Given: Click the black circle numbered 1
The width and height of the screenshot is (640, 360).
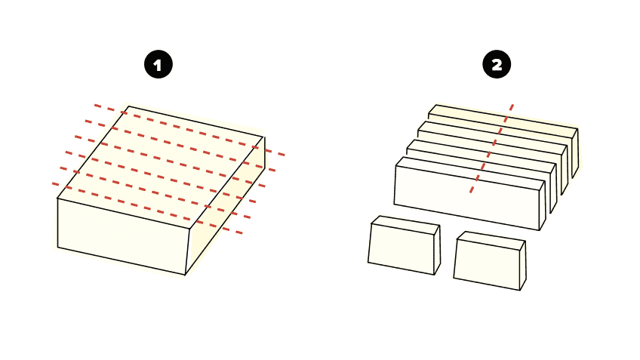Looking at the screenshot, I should pyautogui.click(x=158, y=66).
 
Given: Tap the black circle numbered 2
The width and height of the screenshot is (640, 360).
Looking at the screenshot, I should pyautogui.click(x=497, y=66).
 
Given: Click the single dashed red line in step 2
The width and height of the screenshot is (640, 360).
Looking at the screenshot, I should pyautogui.click(x=492, y=148).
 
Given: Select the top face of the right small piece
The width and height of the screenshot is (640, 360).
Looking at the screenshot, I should pyautogui.click(x=491, y=239).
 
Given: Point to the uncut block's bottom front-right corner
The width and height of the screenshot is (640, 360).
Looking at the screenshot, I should pyautogui.click(x=186, y=275).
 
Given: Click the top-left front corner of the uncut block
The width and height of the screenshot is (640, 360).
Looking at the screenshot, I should pyautogui.click(x=58, y=198).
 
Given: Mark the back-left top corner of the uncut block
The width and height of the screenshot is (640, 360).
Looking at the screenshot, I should pyautogui.click(x=128, y=106).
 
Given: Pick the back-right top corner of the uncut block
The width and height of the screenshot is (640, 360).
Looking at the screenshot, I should pyautogui.click(x=264, y=137).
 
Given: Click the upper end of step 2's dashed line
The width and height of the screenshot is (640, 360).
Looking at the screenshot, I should pyautogui.click(x=513, y=106).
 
